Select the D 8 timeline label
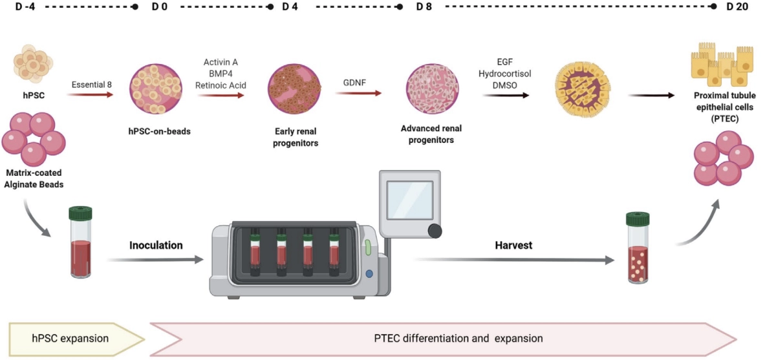tap(424, 7)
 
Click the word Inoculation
tap(156, 246)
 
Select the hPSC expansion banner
tap(71, 338)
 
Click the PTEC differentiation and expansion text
tap(458, 338)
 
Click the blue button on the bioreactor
tap(369, 273)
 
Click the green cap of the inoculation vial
tap(80, 213)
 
